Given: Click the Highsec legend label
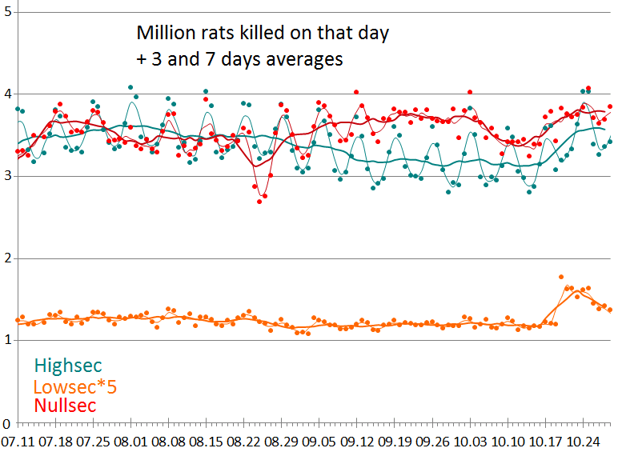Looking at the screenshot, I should pyautogui.click(x=67, y=366).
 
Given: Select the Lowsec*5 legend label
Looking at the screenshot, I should pyautogui.click(x=74, y=386).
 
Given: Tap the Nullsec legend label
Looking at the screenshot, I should pyautogui.click(x=65, y=406).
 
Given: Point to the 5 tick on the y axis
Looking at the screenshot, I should pyautogui.click(x=6, y=13).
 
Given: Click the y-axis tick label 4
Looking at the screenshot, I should pyautogui.click(x=6, y=94).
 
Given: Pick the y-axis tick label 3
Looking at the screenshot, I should pyautogui.click(x=6, y=176).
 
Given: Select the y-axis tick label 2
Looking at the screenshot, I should pyautogui.click(x=6, y=258).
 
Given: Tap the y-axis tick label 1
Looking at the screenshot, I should pyautogui.click(x=6, y=341).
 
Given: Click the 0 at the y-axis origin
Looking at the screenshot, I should pyautogui.click(x=6, y=423).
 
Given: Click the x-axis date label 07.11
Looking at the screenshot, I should pyautogui.click(x=18, y=442).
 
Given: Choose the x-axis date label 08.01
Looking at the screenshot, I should pyautogui.click(x=130, y=442).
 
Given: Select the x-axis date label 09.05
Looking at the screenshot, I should pyautogui.click(x=319, y=442).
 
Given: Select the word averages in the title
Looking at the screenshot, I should pyautogui.click(x=307, y=59).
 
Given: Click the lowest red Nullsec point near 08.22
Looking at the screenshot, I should pyautogui.click(x=259, y=202).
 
